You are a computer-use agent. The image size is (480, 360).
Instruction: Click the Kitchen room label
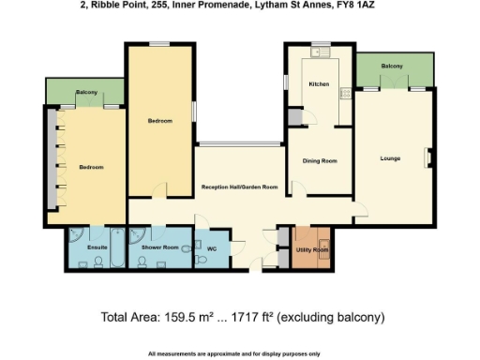click(x=319, y=84)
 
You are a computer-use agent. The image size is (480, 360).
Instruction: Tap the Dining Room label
click(x=319, y=160)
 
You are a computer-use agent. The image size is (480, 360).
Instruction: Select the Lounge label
click(x=390, y=158)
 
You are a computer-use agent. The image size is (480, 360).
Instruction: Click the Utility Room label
click(x=312, y=250)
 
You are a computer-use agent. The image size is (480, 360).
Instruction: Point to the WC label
click(x=211, y=250)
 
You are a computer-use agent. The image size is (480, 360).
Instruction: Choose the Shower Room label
click(x=158, y=247)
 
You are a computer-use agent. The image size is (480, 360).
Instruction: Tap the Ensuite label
click(x=98, y=247)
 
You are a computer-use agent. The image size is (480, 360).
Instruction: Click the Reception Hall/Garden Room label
click(x=241, y=187)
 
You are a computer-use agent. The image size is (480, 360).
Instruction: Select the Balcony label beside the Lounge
click(x=392, y=67)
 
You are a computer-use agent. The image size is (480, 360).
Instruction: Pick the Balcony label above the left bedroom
click(x=86, y=93)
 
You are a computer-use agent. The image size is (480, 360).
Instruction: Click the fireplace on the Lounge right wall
click(x=428, y=157)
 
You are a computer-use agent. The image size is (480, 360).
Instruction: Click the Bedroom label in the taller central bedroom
click(x=159, y=121)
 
